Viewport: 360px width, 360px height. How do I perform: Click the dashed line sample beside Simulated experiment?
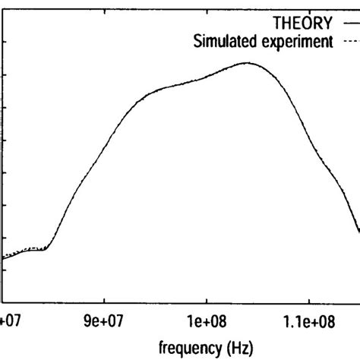point(348,43)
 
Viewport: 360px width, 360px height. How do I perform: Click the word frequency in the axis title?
point(187,348)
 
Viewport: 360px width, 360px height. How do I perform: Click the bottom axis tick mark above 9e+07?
point(105,298)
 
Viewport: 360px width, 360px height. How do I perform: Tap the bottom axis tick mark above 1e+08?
point(207,298)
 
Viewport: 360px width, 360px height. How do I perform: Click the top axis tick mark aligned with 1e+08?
point(207,3)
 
